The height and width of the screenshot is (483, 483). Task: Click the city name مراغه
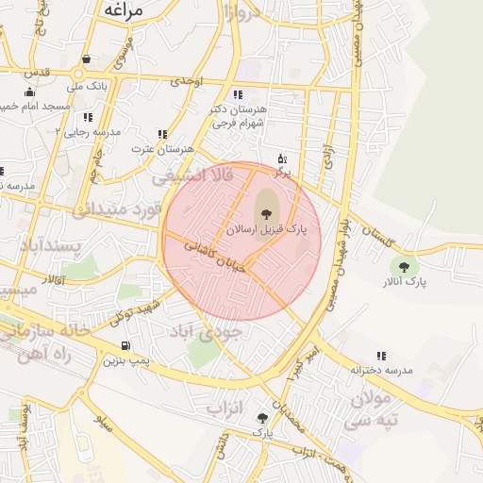click(121, 11)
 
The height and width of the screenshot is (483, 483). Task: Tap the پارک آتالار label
click(405, 282)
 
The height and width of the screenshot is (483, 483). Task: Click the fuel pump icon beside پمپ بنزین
click(126, 346)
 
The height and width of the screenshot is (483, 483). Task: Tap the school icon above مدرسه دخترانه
click(382, 356)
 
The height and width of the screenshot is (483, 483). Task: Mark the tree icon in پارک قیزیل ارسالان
click(264, 214)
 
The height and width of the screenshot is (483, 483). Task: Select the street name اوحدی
click(187, 83)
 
